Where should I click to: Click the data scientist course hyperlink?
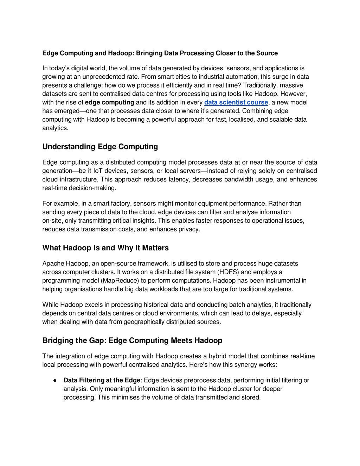coord(236,102)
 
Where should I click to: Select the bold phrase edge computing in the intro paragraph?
coord(109,102)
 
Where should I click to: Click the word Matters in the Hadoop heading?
coord(155,248)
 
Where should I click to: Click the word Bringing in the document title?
coord(149,53)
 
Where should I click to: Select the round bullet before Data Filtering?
coord(55,381)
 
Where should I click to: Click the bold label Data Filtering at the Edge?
coord(102,380)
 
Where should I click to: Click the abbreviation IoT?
coord(98,171)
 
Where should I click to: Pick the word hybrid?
coord(219,356)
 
